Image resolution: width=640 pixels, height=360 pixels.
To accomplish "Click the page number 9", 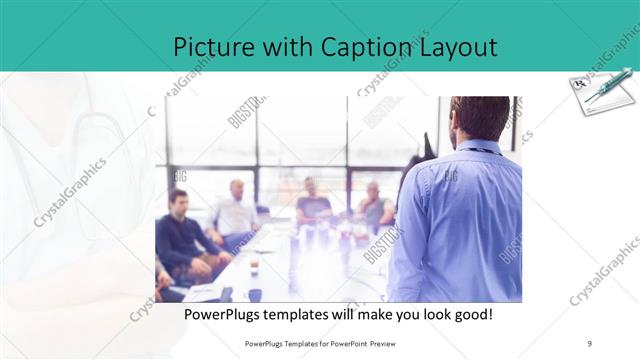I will pos(590,343).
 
